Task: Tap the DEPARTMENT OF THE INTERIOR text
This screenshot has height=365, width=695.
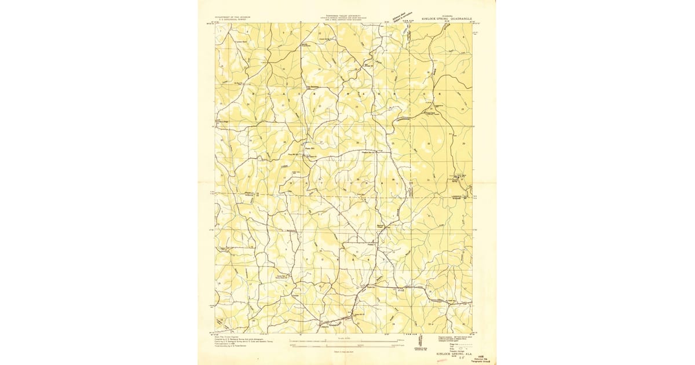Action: tap(234, 17)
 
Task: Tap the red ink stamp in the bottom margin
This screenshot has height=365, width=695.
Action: tap(442, 360)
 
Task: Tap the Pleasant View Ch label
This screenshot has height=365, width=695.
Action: tap(369, 152)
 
